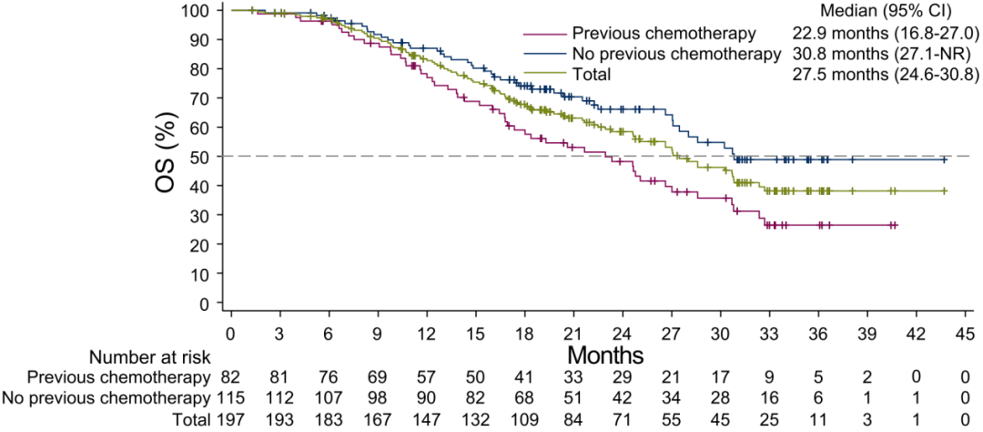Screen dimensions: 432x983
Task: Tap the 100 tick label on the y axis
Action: [x=200, y=10]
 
